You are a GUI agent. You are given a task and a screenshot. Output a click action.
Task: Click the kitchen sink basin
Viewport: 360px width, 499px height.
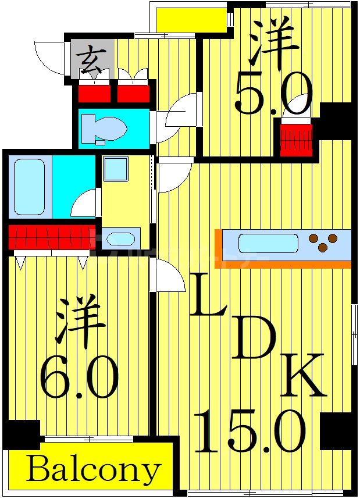[x=268, y=243]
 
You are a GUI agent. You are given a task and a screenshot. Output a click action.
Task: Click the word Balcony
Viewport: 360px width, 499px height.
[x=93, y=469]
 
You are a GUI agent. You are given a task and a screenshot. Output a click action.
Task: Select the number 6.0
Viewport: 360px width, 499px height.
[x=79, y=376]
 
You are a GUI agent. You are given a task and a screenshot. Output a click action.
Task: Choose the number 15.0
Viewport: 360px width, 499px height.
[x=250, y=430]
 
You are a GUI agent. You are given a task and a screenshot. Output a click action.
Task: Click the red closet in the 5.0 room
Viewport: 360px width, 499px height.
[x=296, y=140]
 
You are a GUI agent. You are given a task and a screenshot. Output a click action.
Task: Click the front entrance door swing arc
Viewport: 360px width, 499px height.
[x=49, y=58]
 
